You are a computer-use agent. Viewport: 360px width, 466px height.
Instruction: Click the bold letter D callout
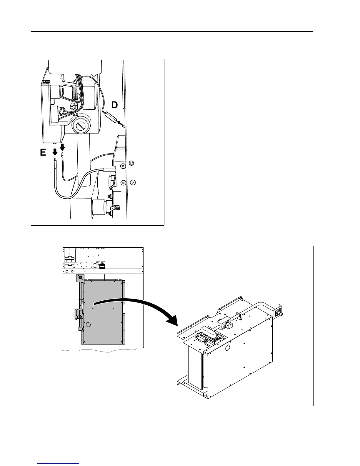114,105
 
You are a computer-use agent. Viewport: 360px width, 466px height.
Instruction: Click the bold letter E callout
43,152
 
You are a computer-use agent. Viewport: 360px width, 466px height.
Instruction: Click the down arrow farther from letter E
62,146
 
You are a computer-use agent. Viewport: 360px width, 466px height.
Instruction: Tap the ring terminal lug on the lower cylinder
117,208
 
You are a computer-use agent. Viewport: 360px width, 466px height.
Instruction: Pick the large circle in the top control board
95,266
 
